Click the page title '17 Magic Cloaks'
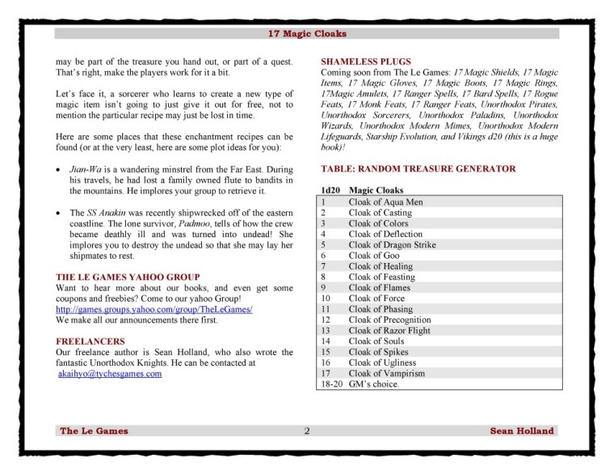coord(307,34)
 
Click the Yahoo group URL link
coord(154,309)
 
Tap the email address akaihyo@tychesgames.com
coord(110,374)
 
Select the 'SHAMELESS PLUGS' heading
coord(366,61)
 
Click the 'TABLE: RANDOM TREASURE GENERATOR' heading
coord(418,169)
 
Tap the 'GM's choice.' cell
coord(374,384)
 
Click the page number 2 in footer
coord(307,430)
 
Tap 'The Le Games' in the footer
coord(94,430)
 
